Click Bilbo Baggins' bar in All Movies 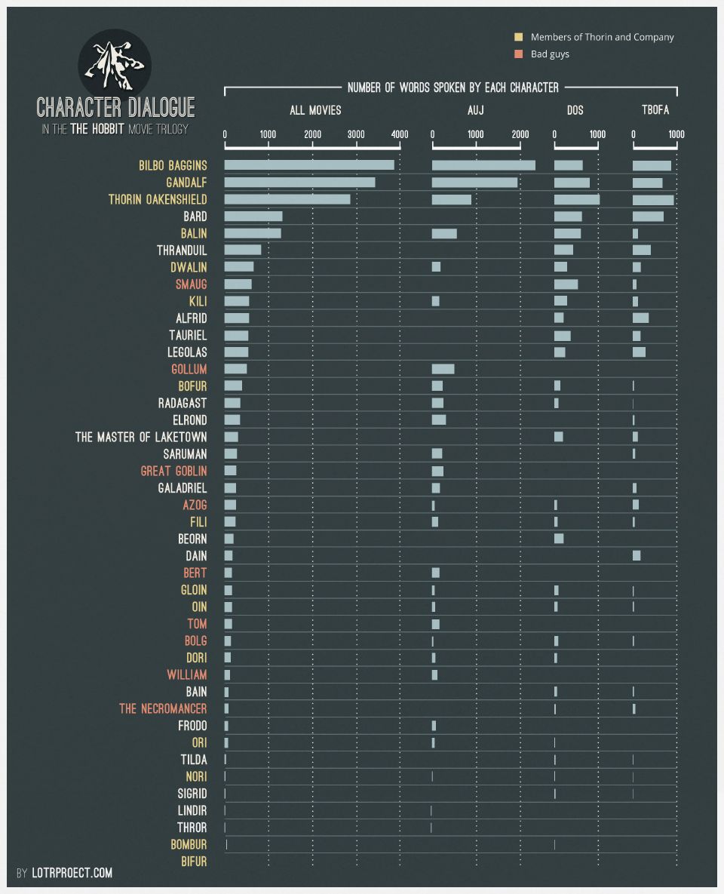click(309, 165)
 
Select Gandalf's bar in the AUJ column click(474, 183)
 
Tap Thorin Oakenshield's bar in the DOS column click(576, 199)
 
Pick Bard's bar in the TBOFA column click(648, 217)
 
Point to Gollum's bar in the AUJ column click(443, 369)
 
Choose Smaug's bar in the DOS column click(566, 284)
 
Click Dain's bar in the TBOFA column click(637, 555)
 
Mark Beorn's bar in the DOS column click(559, 539)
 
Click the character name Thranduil click(182, 250)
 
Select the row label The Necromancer click(163, 708)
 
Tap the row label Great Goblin click(173, 471)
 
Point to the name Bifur click(194, 862)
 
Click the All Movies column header click(315, 110)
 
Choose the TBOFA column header click(655, 110)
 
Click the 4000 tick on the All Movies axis click(400, 135)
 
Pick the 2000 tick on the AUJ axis click(520, 135)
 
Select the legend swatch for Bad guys click(518, 54)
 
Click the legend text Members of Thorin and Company click(602, 37)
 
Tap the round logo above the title click(115, 63)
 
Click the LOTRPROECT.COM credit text click(72, 873)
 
